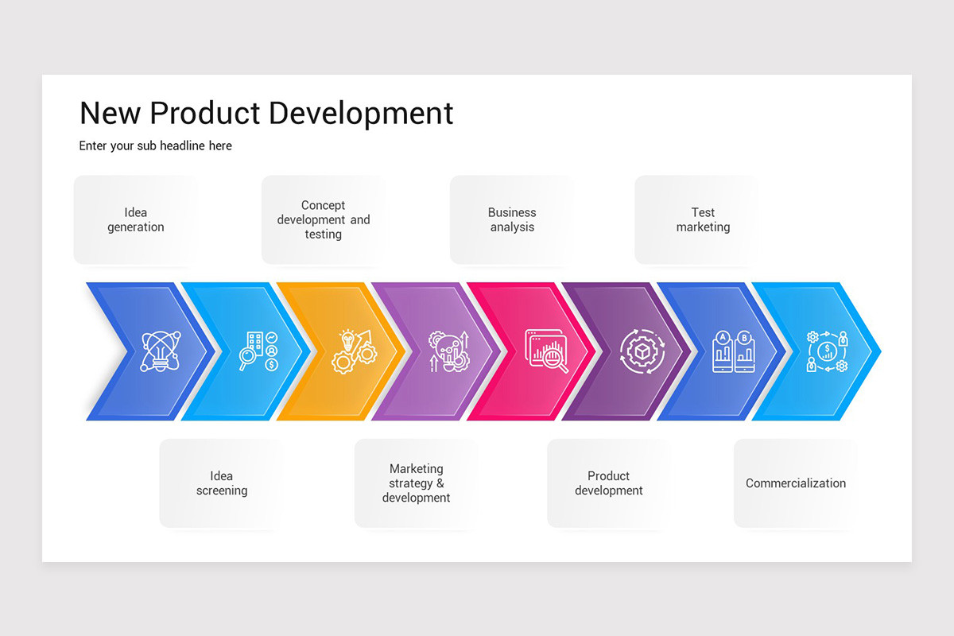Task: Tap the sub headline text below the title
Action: click(x=156, y=145)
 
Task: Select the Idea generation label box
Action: click(x=136, y=219)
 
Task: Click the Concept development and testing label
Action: click(x=324, y=219)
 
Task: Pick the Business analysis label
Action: click(x=512, y=219)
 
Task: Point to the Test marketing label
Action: click(x=703, y=219)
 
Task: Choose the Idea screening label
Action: click(x=222, y=483)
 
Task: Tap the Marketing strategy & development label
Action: click(x=416, y=483)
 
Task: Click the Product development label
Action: click(x=608, y=483)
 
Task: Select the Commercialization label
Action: click(x=795, y=483)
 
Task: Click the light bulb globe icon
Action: click(x=160, y=351)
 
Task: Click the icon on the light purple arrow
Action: click(x=448, y=351)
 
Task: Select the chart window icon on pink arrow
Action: click(x=546, y=351)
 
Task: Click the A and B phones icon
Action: click(x=733, y=351)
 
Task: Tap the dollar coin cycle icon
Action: click(x=827, y=351)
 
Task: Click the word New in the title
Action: click(x=110, y=113)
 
